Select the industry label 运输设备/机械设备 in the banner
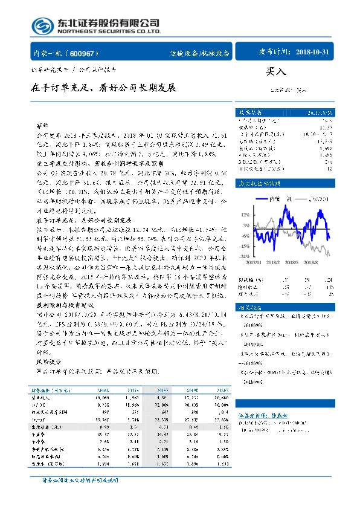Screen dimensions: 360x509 pyautogui.click(x=199, y=53)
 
